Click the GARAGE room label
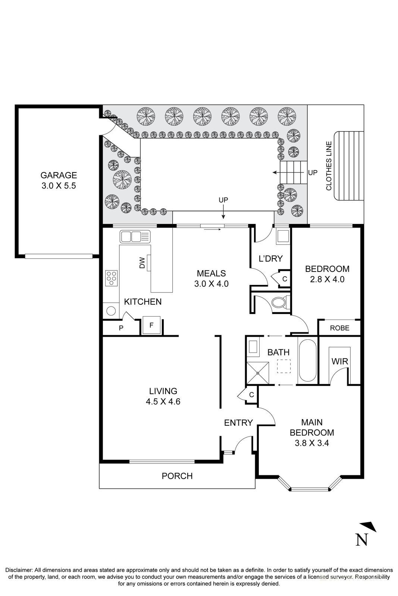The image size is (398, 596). coord(59,175)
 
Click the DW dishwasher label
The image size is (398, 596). coord(142,264)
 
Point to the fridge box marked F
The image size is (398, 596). coord(151,325)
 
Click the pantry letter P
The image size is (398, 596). coord(121,328)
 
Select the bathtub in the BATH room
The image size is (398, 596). coord(307,360)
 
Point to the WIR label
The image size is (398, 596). coord(339,361)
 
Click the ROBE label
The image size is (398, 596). coord(340,328)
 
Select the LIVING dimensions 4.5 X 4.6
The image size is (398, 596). coord(163,402)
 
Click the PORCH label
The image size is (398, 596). coord(177,476)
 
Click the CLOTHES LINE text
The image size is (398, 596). coord(329,166)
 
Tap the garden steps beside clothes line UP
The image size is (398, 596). coord(293,172)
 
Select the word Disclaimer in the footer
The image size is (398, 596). coord(19,570)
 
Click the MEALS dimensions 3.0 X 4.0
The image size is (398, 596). coord(211,284)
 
